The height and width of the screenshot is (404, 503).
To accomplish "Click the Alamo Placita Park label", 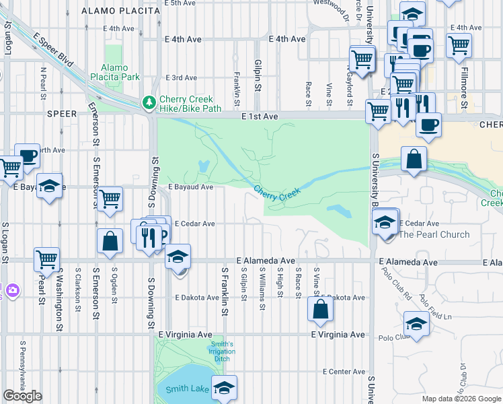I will [120, 72].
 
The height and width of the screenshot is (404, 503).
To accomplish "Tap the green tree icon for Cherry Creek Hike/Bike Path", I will [149, 103].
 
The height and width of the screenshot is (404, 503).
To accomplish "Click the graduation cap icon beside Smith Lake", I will [224, 387].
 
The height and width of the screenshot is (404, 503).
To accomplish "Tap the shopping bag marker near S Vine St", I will [321, 309].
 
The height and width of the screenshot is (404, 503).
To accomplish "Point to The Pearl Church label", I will [434, 234].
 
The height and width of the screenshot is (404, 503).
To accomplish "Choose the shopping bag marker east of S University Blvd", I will [414, 160].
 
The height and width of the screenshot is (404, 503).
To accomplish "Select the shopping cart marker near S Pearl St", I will [46, 259].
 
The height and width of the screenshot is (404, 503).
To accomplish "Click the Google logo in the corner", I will [22, 397].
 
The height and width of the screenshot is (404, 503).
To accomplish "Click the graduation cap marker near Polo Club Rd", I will [416, 325].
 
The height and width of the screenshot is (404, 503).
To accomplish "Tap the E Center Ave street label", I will [344, 372].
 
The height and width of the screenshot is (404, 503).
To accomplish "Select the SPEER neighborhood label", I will [63, 114].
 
